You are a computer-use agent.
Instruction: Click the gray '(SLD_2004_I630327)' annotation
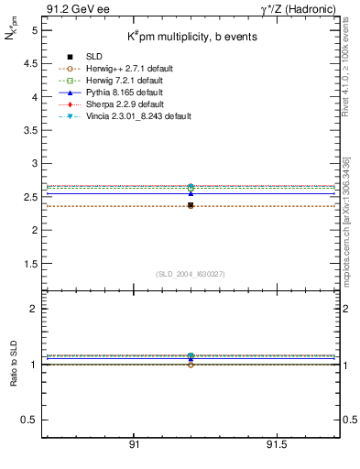pyautogui.click(x=191, y=273)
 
